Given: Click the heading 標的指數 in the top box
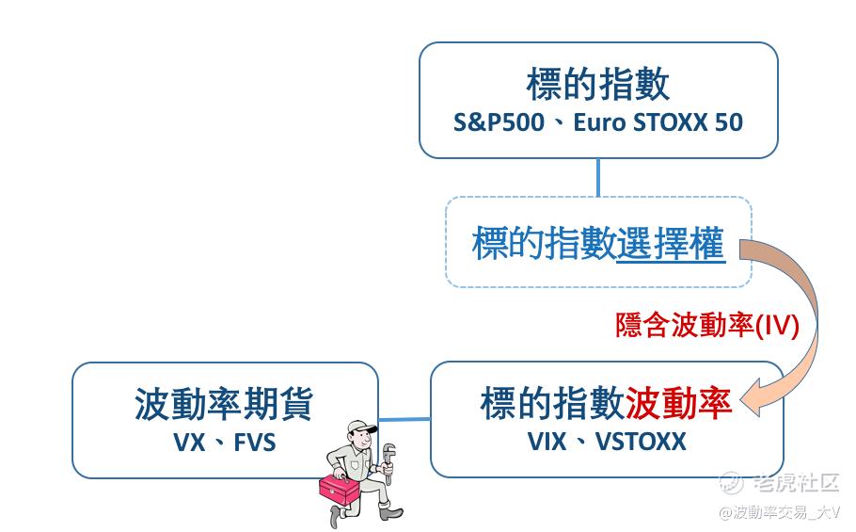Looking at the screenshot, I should pos(597,84).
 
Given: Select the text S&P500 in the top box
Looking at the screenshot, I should pos(498,122).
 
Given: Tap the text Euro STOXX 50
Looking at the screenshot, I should pos(658,122).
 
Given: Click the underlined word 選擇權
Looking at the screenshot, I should pos(671,245).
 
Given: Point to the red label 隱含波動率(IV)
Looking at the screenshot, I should pos(706,325).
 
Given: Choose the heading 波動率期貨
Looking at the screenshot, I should pos(223,404).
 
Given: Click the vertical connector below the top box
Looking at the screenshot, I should pos(597,177).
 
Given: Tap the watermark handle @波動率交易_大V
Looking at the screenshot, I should pos(780,512).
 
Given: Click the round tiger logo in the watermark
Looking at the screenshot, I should pos(732,483).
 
